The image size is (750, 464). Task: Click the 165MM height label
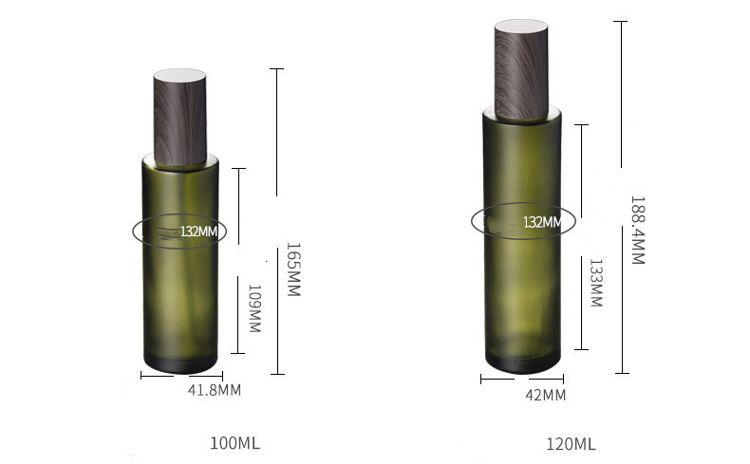click(293, 271)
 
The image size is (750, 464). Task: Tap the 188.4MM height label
click(637, 231)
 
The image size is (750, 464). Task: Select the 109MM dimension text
click(254, 308)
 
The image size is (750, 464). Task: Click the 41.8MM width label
click(214, 390)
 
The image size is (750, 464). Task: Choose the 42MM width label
click(546, 395)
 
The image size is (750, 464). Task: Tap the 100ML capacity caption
click(234, 443)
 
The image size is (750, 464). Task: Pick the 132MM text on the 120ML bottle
click(541, 222)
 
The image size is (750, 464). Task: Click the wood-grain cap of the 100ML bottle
click(180, 119)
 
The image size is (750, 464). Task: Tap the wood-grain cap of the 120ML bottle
click(521, 71)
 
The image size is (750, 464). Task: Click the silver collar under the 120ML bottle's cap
click(521, 115)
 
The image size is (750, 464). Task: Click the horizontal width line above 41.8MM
click(180, 376)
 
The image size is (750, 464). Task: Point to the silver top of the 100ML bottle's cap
click(180, 73)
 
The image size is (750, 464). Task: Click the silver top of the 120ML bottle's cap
click(521, 26)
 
